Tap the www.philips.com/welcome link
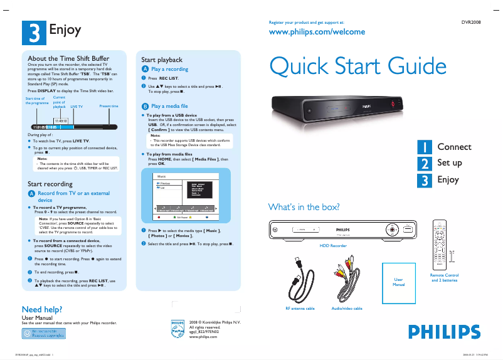click(307, 31)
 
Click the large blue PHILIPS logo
click(448, 331)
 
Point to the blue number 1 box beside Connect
click(425, 147)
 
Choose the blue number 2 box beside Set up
click(425, 163)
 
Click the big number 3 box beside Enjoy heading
click(33, 31)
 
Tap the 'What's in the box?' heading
click(304, 207)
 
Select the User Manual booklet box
click(398, 282)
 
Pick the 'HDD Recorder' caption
click(333, 246)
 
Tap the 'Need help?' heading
click(41, 309)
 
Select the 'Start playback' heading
click(162, 60)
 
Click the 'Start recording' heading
click(50, 184)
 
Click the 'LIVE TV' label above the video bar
click(77, 107)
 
